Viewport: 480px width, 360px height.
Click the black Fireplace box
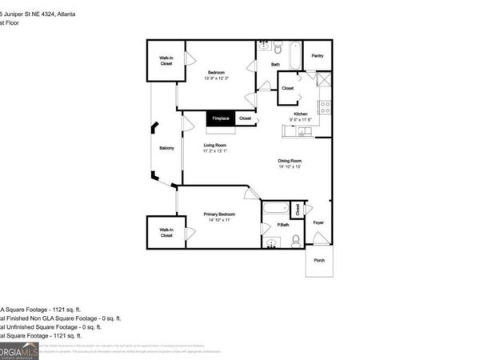click(220, 118)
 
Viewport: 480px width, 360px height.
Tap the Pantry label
click(317, 56)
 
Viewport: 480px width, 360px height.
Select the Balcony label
click(166, 148)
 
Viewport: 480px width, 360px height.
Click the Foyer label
click(318, 222)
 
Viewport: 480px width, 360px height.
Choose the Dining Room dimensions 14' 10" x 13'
click(290, 166)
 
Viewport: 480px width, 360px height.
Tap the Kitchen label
click(301, 114)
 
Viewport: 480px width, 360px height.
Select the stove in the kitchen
click(325, 106)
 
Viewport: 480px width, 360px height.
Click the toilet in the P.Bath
click(295, 240)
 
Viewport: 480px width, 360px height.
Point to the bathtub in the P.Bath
click(275, 210)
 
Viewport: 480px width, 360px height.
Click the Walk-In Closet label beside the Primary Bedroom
click(166, 233)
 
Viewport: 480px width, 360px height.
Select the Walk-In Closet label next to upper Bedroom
click(166, 61)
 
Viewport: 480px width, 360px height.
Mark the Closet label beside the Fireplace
click(245, 118)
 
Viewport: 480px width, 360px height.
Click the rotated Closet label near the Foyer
click(297, 210)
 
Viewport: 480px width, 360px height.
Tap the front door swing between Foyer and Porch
click(319, 238)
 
